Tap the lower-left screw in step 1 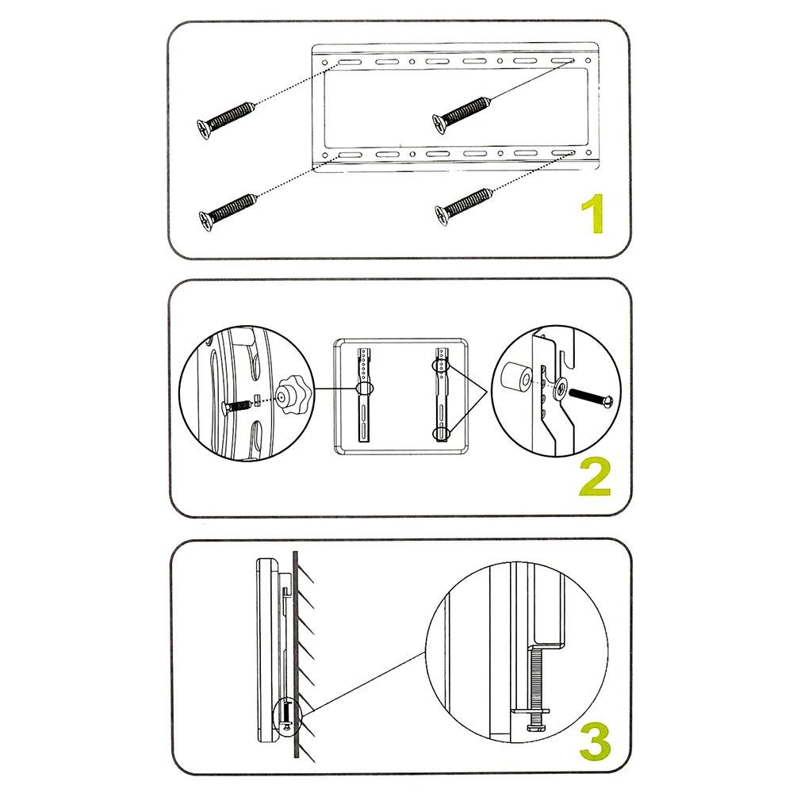point(228,209)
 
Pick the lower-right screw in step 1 point(464,203)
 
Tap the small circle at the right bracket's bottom point(440,433)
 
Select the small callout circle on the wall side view point(286,713)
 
